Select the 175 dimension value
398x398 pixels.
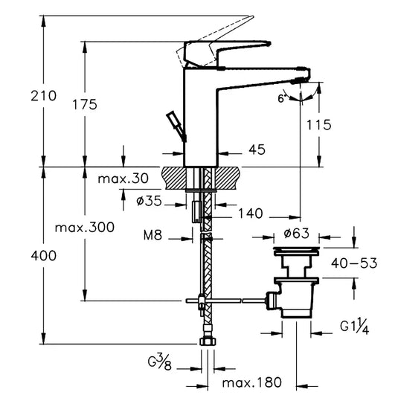84,105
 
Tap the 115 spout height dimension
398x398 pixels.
318,125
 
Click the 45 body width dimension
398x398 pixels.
257,150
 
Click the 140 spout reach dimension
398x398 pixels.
251,214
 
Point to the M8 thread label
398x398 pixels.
153,237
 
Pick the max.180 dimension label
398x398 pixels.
252,382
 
